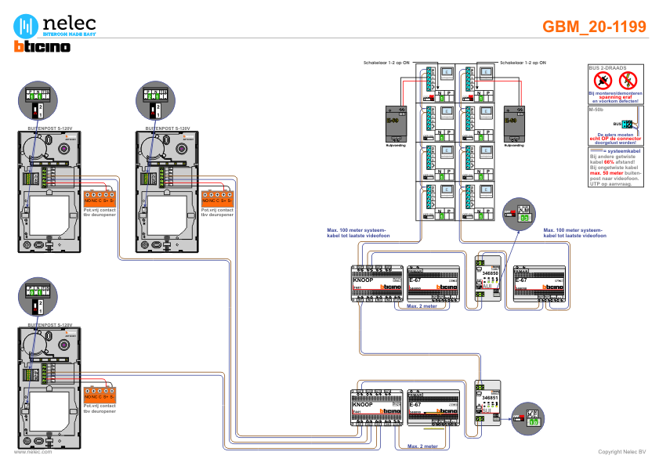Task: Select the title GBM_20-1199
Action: (595, 26)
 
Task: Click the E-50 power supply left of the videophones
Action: (393, 125)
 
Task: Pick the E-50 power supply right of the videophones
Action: (513, 125)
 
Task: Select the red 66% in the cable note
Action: (608, 162)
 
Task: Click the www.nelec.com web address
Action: (34, 452)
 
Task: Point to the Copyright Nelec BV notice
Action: (621, 452)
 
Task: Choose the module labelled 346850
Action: (489, 277)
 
